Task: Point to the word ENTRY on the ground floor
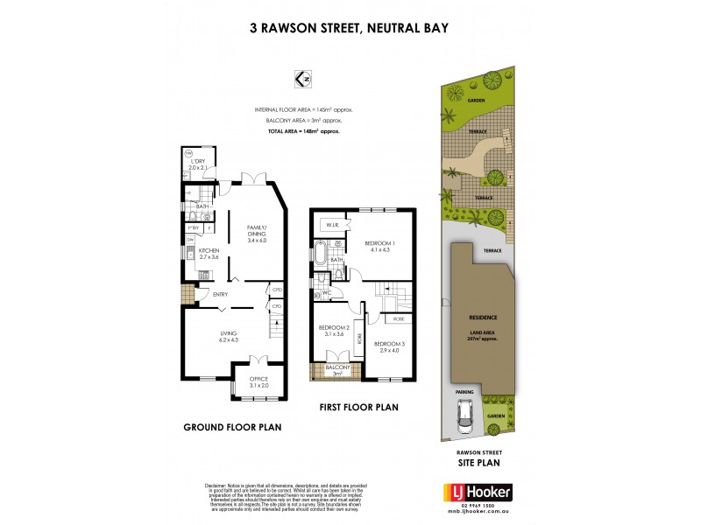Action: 220,294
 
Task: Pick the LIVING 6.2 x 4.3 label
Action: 227,335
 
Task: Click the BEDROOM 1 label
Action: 381,246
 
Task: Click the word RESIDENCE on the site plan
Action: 483,318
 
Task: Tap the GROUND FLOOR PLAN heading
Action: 231,428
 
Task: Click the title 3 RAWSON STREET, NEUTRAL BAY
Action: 350,28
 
